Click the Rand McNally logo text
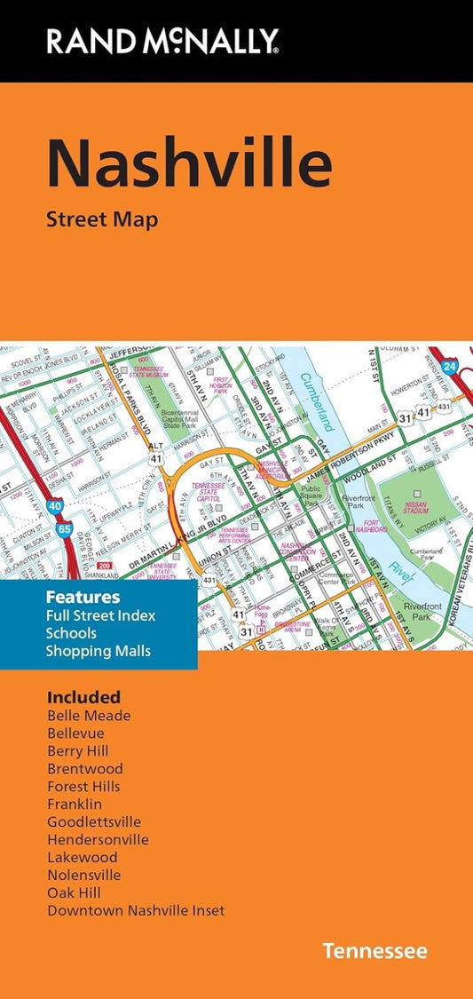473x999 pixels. pyautogui.click(x=163, y=40)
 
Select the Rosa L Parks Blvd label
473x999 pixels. pyautogui.click(x=116, y=391)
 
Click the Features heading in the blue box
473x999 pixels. pyautogui.click(x=83, y=597)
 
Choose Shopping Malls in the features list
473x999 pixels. pyautogui.click(x=99, y=651)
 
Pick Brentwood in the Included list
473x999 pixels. pyautogui.click(x=85, y=768)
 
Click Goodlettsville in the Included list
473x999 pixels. pyautogui.click(x=94, y=821)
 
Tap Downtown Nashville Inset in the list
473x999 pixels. pyautogui.click(x=136, y=910)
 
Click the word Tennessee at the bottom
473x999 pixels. pyautogui.click(x=374, y=952)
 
